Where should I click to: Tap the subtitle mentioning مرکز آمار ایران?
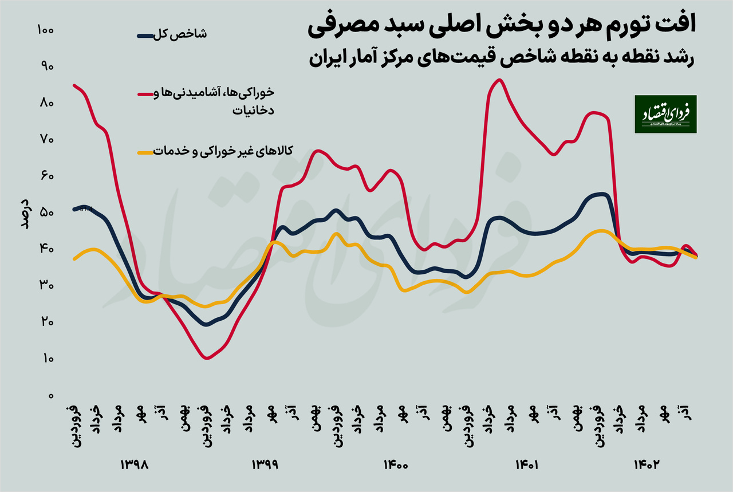[x=501, y=58]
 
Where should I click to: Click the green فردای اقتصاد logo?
[x=665, y=114]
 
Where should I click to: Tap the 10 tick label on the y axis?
[x=46, y=359]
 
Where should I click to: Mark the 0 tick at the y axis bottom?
[x=50, y=396]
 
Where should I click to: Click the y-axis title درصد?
[x=25, y=213]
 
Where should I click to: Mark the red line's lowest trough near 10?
[x=207, y=358]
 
